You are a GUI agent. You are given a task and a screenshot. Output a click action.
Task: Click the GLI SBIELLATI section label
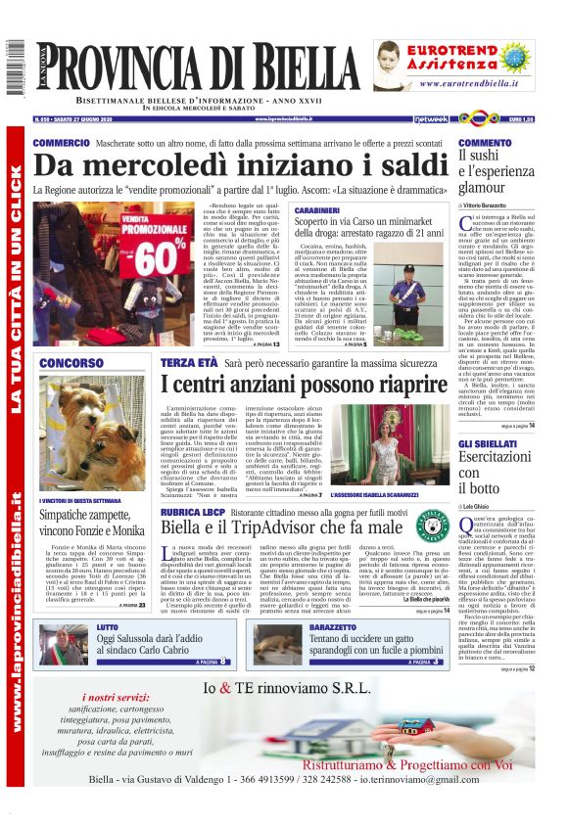pyautogui.click(x=495, y=444)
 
